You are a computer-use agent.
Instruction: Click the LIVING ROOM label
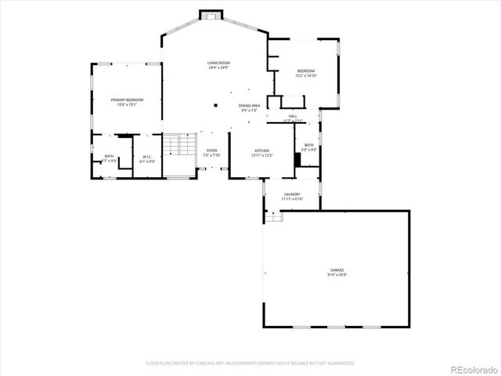click(218, 63)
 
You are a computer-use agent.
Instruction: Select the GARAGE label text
click(337, 269)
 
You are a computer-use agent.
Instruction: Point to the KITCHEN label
click(261, 150)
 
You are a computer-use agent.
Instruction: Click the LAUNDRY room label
click(292, 194)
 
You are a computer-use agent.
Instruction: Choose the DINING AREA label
click(250, 105)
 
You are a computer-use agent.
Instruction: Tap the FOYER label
click(212, 150)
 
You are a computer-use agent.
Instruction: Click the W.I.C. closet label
click(146, 157)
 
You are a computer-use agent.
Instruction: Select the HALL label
click(293, 117)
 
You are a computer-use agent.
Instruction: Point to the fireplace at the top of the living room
click(211, 16)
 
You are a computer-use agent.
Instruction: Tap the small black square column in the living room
click(214, 103)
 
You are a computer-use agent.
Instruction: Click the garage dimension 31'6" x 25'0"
click(337, 275)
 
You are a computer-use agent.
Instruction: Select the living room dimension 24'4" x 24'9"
click(218, 68)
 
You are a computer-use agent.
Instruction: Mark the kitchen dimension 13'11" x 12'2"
click(261, 155)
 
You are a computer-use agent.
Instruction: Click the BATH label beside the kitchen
click(309, 145)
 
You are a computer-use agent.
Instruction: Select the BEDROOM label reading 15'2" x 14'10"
click(305, 71)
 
